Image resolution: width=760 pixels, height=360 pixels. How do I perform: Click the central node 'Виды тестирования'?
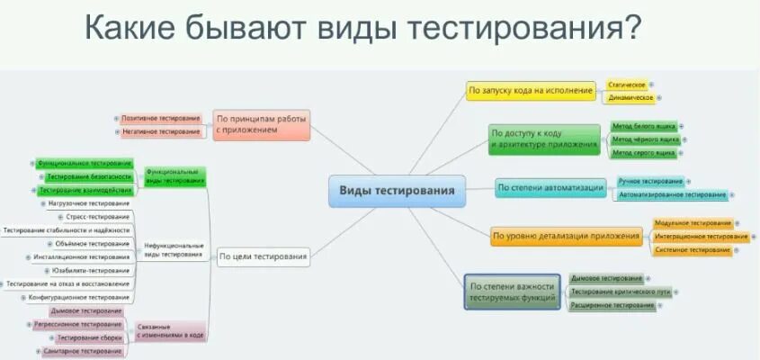click(x=397, y=191)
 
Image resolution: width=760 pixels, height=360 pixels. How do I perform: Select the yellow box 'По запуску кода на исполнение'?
click(x=531, y=90)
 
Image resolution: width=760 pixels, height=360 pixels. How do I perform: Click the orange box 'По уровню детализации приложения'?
click(x=567, y=238)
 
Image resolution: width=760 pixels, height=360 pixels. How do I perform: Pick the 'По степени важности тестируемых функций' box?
click(x=513, y=292)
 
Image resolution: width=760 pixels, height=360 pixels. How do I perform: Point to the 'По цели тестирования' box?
click(x=264, y=257)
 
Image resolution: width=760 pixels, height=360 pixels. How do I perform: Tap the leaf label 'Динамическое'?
click(x=630, y=97)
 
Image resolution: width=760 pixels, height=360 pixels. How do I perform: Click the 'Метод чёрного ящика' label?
click(x=645, y=139)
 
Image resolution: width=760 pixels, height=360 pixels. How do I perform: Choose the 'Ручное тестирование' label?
click(x=649, y=182)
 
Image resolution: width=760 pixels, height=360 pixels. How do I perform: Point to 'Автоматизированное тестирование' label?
click(x=671, y=194)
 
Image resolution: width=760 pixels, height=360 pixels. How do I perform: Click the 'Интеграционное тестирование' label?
click(x=702, y=236)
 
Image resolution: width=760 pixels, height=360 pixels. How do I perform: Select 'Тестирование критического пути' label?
click(x=620, y=292)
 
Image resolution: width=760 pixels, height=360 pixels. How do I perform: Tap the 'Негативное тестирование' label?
click(x=161, y=131)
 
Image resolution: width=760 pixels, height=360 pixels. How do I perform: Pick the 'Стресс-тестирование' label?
click(x=98, y=217)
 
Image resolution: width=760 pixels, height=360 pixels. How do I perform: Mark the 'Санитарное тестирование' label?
click(x=82, y=351)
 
